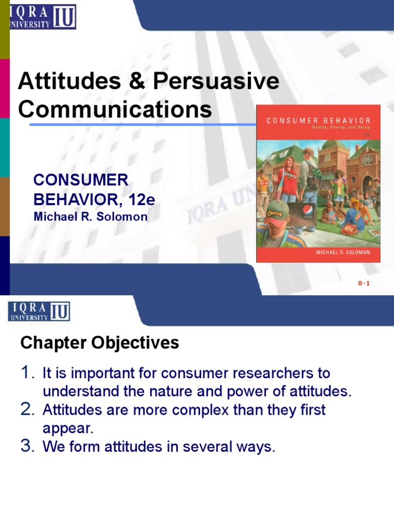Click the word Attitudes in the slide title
[57, 82]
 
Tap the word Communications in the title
[115, 110]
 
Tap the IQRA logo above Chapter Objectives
[39, 311]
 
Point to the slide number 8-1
[364, 283]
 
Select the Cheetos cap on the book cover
[276, 211]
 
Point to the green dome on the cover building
[334, 146]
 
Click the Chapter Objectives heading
[100, 343]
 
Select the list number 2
[27, 410]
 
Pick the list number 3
[27, 447]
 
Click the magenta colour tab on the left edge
[5, 88]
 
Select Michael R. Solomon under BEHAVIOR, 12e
[90, 217]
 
